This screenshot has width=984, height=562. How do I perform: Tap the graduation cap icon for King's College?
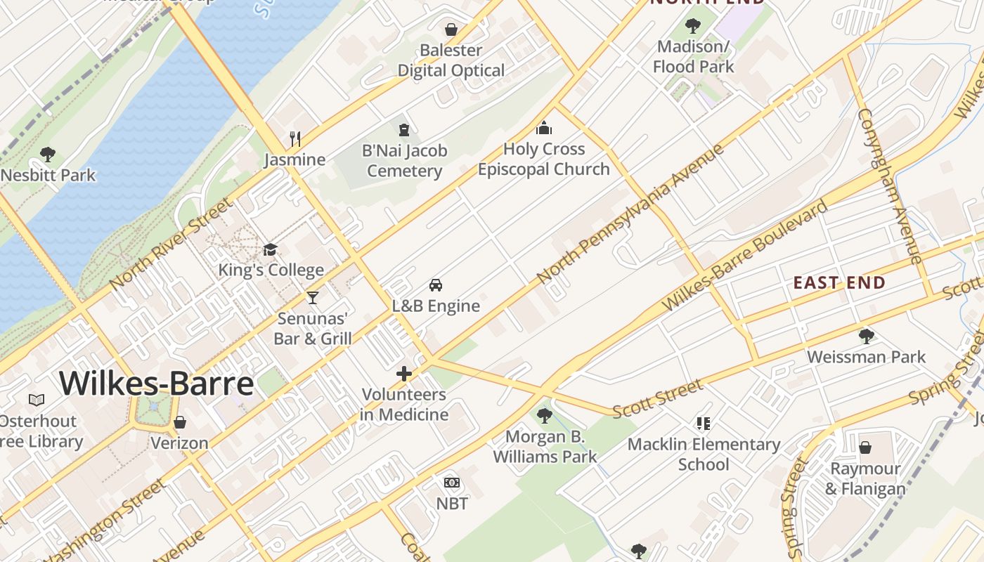[270, 250]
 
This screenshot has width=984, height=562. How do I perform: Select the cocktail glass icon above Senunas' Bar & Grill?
[313, 298]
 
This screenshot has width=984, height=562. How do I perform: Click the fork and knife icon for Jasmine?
[295, 139]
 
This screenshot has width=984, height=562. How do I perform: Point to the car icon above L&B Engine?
[436, 285]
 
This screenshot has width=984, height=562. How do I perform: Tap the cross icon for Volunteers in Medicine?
[404, 374]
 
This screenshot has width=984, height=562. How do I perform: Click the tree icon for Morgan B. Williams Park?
[545, 416]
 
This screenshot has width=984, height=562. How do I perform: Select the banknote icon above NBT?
[452, 483]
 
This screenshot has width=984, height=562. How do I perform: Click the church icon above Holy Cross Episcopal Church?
[544, 128]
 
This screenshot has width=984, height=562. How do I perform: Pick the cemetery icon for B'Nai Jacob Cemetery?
[404, 130]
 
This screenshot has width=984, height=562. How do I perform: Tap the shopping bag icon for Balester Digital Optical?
[451, 30]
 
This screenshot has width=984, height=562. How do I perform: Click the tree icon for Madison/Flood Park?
[693, 26]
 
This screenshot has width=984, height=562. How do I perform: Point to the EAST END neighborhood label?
[839, 282]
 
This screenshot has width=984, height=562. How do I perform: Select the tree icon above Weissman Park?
[867, 336]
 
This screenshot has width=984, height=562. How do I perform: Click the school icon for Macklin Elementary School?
[704, 424]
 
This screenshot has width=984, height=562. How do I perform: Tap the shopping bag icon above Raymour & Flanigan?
[865, 447]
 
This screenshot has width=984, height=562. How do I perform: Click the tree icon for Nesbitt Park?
[48, 154]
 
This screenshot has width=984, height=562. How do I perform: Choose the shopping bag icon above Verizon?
[180, 422]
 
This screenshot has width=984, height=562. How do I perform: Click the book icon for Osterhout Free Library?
[37, 400]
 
